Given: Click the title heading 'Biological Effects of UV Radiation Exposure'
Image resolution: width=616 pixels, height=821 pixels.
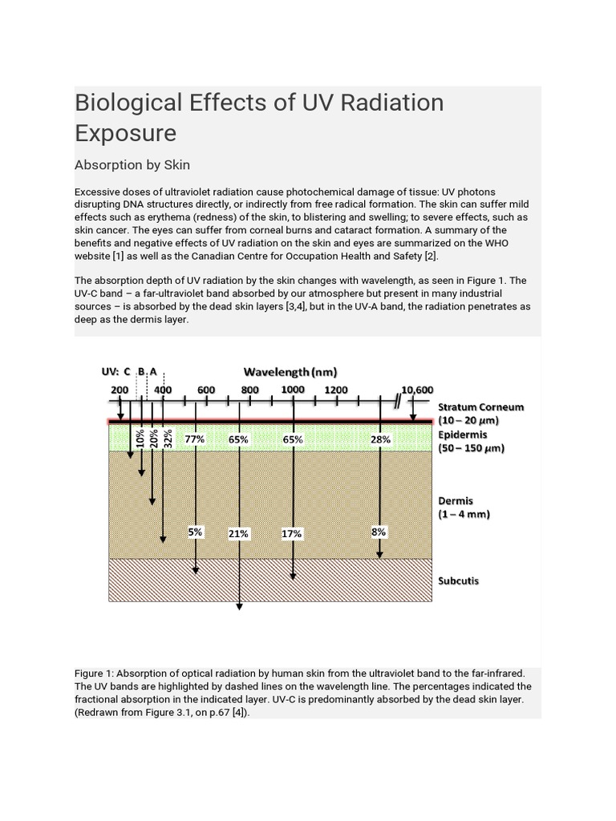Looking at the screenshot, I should tap(258, 117).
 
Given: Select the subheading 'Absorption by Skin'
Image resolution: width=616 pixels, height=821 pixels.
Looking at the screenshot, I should tap(132, 165).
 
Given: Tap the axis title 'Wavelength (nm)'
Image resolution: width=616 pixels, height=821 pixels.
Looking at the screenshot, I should tap(290, 372).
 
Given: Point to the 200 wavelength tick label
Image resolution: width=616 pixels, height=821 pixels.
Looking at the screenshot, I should tap(119, 390).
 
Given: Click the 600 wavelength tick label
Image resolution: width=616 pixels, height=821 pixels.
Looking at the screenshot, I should tap(206, 390).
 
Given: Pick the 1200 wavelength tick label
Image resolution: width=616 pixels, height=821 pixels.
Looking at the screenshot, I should tap(336, 390).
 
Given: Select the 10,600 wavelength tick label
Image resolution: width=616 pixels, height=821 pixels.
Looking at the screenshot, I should tap(417, 390).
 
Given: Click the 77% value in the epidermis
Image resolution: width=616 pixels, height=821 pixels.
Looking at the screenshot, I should tap(195, 439).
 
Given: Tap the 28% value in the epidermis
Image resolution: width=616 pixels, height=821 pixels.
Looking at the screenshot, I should tap(380, 439).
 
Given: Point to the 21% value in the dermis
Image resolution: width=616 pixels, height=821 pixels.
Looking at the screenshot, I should tap(238, 533).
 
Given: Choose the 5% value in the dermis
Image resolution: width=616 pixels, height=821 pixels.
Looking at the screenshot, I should tap(195, 532).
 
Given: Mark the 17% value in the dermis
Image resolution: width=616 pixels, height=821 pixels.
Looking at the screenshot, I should tap(292, 533).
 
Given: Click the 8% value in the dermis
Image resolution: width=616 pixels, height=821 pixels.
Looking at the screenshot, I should tap(379, 532).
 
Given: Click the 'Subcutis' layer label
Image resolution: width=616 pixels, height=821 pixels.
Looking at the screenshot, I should tap(459, 580).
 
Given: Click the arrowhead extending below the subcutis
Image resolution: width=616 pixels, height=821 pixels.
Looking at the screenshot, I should tap(239, 606).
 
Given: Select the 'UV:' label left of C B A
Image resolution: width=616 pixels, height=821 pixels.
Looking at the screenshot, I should tap(111, 372).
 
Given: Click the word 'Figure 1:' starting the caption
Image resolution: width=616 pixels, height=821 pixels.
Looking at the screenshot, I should tap(96, 674).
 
